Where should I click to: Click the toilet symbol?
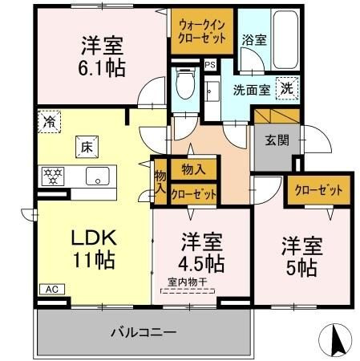tap(186, 83)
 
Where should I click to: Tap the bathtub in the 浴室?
tap(285, 39)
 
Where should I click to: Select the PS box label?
tap(210, 65)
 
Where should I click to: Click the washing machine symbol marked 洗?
tap(287, 88)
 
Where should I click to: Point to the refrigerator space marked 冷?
tap(49, 122)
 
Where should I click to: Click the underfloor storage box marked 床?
tap(87, 147)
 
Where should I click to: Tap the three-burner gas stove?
tap(53, 176)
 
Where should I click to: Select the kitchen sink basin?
tap(98, 176)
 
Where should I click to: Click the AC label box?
tap(52, 289)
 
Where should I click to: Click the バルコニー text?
tap(144, 332)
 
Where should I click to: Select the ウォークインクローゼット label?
tap(202, 31)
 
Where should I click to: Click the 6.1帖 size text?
tap(102, 68)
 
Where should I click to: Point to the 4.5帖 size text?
tap(201, 263)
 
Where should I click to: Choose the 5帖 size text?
tap(301, 268)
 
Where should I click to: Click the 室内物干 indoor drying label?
tap(188, 282)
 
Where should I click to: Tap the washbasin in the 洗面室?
tap(212, 91)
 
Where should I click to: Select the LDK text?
tap(94, 237)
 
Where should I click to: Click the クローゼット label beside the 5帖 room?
tap(318, 190)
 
